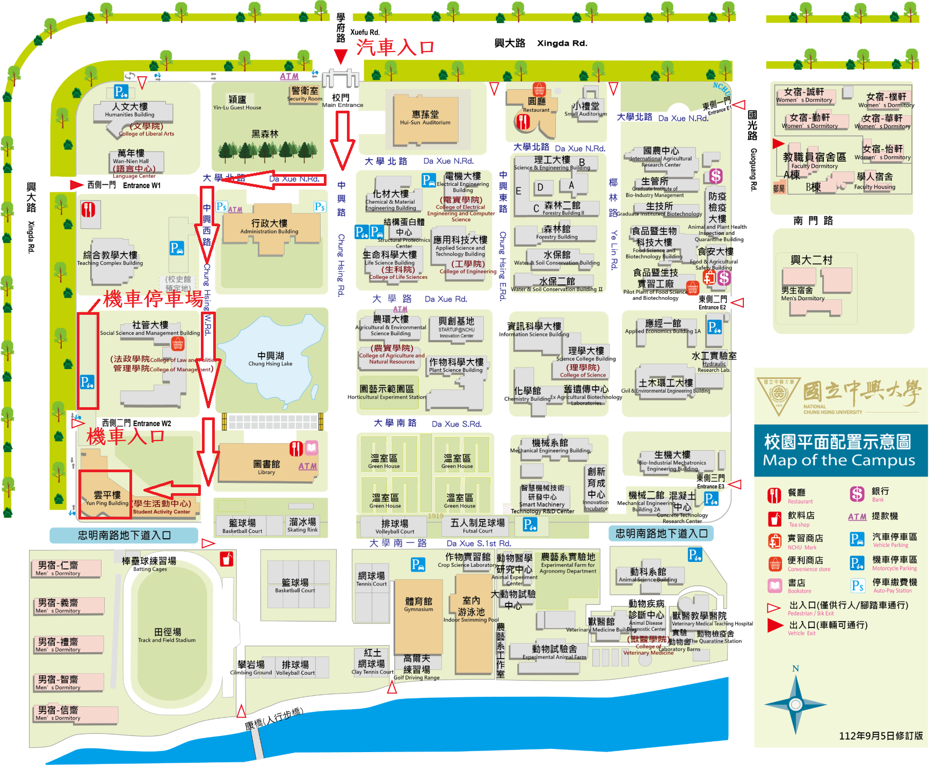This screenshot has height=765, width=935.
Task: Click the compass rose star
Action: point(795,704)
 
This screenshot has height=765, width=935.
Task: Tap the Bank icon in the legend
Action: point(857,494)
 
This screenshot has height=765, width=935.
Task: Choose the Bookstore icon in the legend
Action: point(774,585)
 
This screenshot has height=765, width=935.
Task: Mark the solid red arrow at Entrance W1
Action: point(77,185)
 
